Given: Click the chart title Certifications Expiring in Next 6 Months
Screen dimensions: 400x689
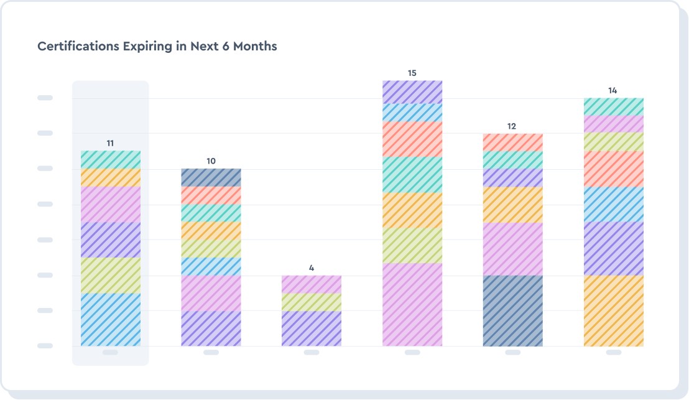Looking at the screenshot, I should click(x=157, y=47).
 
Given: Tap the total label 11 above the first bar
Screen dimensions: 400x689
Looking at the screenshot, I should click(x=110, y=143).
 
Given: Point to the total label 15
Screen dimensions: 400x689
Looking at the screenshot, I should click(x=412, y=73).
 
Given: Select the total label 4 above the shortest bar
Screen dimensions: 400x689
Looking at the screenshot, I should click(x=312, y=268).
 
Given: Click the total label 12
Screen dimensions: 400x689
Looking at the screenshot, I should click(x=512, y=126).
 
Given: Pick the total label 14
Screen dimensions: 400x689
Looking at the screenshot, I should click(x=613, y=91).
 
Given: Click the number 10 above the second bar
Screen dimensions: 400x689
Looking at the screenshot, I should click(x=211, y=161).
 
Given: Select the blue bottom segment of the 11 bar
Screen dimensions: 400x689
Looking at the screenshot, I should click(x=111, y=319).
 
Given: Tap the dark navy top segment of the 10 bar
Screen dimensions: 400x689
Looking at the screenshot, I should click(x=211, y=177).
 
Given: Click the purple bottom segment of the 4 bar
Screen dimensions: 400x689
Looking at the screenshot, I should click(x=312, y=328).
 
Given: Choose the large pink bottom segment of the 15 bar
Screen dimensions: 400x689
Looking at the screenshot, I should click(x=412, y=304).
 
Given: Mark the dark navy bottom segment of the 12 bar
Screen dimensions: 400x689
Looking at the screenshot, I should click(x=512, y=310).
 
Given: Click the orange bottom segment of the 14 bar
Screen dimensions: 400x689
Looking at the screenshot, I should click(x=613, y=310).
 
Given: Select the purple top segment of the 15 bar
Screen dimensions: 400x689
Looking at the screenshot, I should click(x=412, y=92).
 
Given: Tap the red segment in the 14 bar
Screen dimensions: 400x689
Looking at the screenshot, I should click(x=613, y=169).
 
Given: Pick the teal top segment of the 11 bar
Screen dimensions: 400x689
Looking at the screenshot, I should click(x=111, y=159).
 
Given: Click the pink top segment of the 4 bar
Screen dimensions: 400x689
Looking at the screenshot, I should click(x=312, y=284).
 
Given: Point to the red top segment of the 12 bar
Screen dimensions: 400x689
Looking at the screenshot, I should click(x=512, y=142).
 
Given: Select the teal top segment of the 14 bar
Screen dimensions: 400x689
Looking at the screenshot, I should click(x=613, y=106).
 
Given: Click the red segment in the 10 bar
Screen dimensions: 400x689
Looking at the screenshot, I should click(x=211, y=195).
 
